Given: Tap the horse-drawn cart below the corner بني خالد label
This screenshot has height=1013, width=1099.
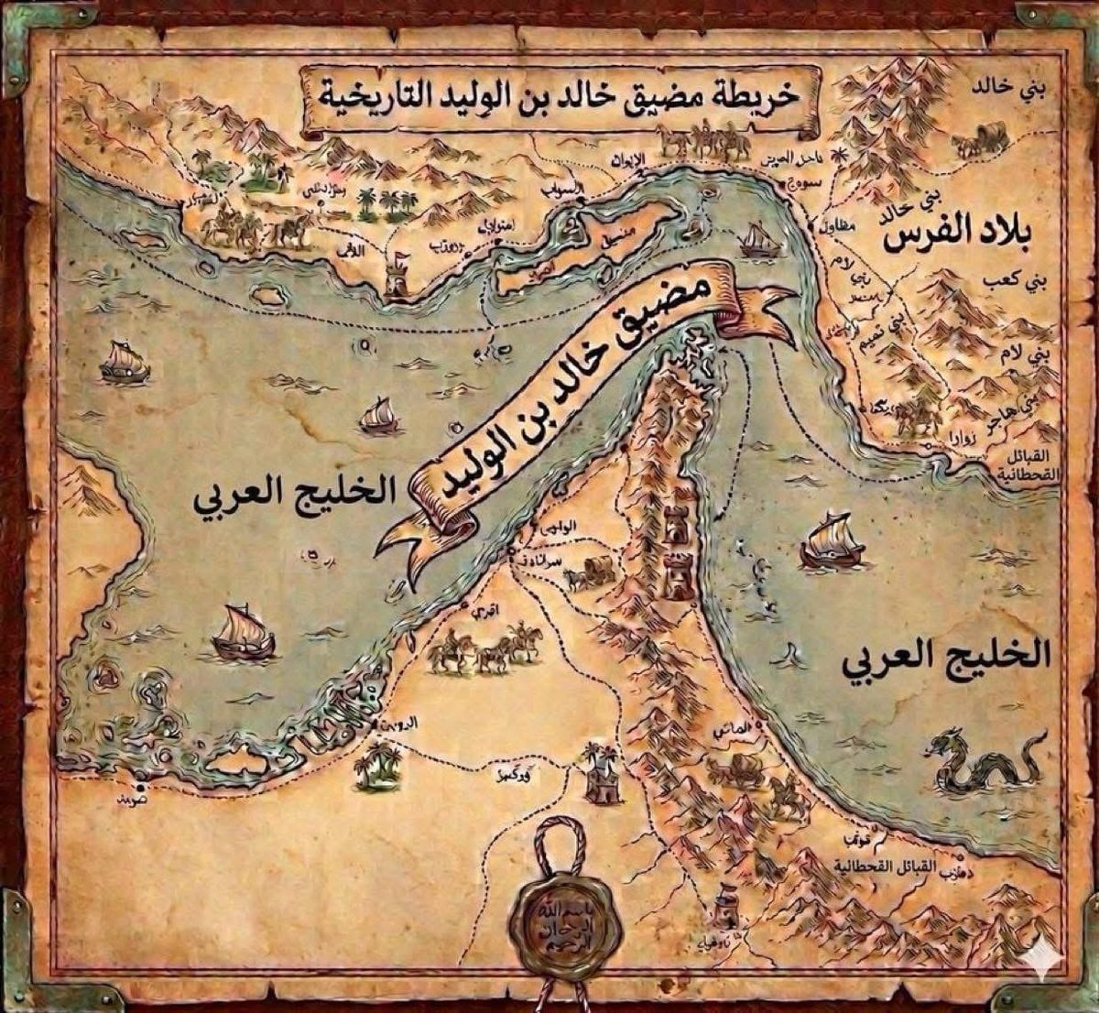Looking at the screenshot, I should (x=979, y=142).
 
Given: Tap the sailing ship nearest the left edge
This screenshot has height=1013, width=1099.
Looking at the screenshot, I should (x=124, y=363).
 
